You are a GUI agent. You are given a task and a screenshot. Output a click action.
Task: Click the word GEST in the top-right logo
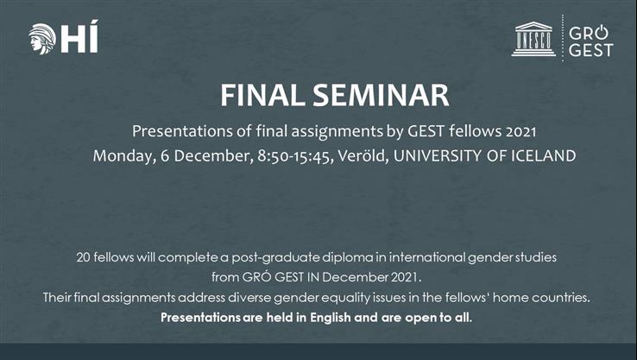pyautogui.click(x=590, y=50)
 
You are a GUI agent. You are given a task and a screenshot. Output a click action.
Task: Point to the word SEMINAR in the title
pyautogui.click(x=370, y=95)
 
